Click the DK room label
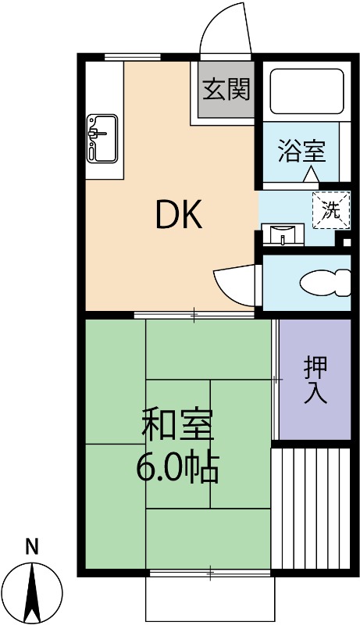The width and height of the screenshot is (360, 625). click(180, 215)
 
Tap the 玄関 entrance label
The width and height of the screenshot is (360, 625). click(226, 90)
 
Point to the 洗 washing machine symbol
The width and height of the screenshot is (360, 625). click(332, 209)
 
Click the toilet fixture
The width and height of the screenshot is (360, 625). click(324, 281)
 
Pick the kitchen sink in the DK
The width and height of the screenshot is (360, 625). click(102, 137)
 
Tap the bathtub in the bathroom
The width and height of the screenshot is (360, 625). click(306, 91)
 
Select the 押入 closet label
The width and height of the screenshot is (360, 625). click(315, 379)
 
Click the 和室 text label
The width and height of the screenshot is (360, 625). click(177, 425)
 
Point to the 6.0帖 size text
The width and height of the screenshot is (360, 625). click(177, 467)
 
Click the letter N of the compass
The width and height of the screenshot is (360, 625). click(31, 547)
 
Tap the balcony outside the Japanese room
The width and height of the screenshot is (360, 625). click(210, 598)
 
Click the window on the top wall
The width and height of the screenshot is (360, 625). click(133, 55)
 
